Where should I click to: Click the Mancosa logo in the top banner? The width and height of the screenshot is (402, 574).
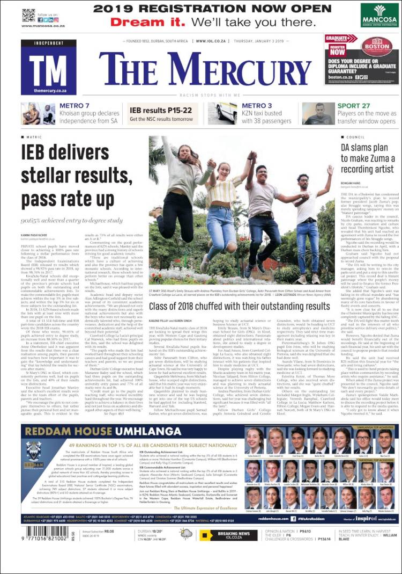[379, 14]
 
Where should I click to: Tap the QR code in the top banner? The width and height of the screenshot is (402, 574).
[28, 15]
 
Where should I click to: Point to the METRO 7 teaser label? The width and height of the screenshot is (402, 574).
[75, 106]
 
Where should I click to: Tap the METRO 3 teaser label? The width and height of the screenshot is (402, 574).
[257, 106]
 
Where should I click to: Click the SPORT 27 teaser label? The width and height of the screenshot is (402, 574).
[354, 106]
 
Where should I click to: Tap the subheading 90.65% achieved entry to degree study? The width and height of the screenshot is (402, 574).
[72, 220]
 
